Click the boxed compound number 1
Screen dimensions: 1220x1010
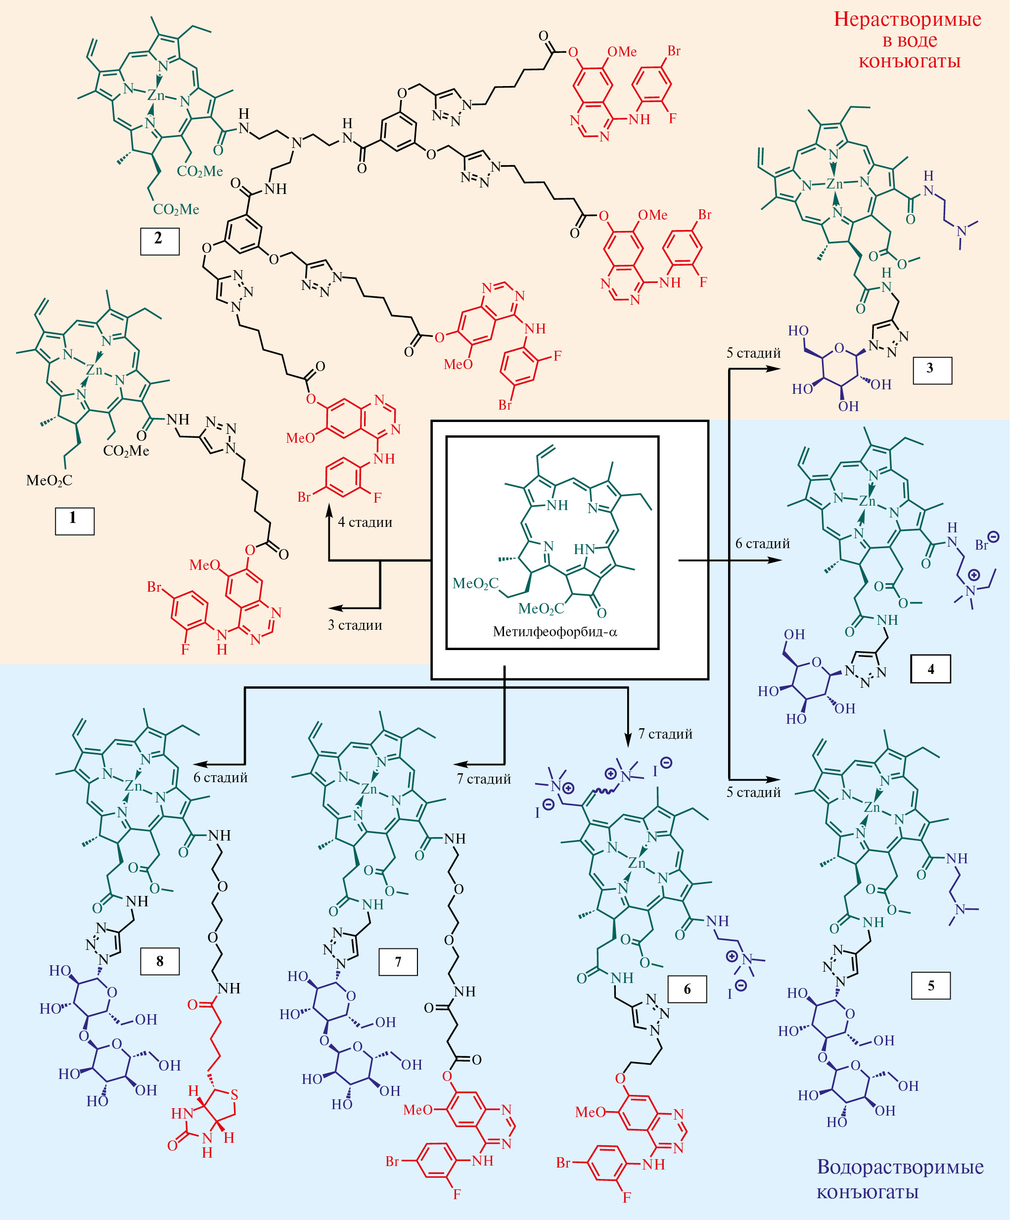[74, 520]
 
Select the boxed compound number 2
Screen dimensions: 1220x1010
[159, 241]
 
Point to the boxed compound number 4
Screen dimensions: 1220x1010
[930, 669]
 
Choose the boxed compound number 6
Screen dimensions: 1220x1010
[687, 989]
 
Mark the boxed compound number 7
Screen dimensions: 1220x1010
[398, 961]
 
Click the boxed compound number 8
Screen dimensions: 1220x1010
[160, 961]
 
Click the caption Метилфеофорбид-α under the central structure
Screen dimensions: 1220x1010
[554, 631]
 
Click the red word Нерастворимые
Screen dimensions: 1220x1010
[907, 19]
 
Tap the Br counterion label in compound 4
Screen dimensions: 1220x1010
[981, 545]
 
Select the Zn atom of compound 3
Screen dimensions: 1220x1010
[834, 184]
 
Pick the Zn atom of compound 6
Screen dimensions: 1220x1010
[637, 863]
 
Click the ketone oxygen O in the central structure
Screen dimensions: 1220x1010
[602, 613]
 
